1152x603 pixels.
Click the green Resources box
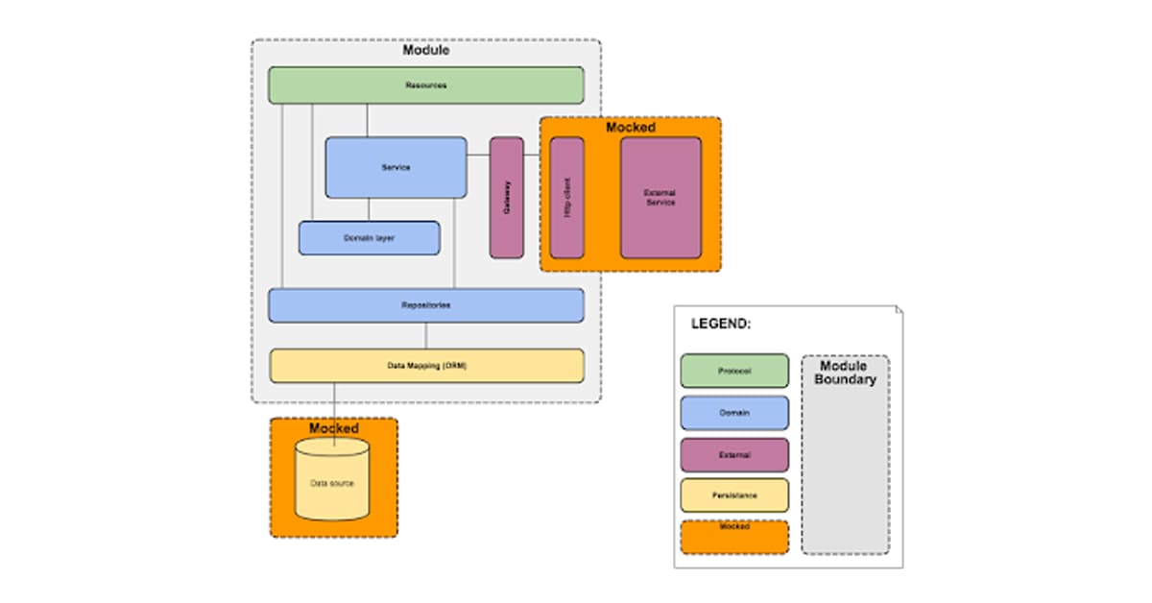click(425, 84)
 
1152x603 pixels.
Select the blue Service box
click(396, 167)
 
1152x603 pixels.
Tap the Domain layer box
click(369, 237)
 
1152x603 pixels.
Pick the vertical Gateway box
click(507, 197)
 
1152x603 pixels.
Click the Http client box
click(566, 197)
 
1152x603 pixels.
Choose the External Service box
click(660, 197)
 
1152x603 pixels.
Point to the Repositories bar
click(425, 304)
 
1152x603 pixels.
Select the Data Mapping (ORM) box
click(425, 365)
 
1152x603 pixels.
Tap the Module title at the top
click(425, 50)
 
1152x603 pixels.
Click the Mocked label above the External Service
click(630, 127)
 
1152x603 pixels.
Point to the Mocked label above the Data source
click(333, 427)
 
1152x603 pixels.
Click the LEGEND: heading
click(720, 324)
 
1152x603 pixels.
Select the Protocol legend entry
click(734, 371)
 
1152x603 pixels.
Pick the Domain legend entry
click(734, 413)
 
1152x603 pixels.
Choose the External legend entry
click(734, 455)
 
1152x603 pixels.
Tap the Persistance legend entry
click(734, 495)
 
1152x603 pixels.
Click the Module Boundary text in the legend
click(845, 373)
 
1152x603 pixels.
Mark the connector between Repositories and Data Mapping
click(426, 335)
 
